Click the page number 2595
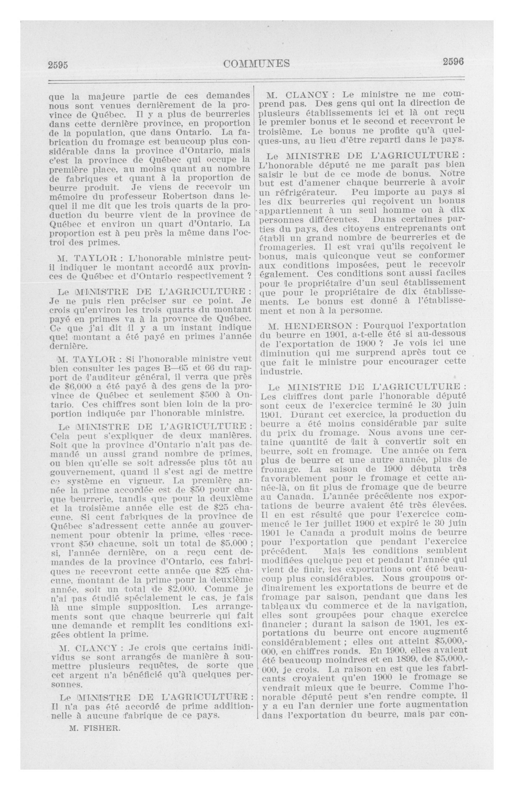coord(58,65)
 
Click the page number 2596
coord(453,62)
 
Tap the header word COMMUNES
coord(257,63)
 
